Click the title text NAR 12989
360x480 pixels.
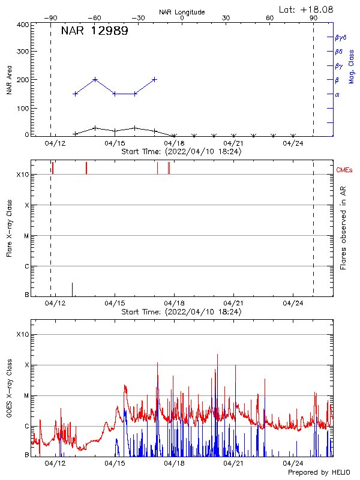(94, 31)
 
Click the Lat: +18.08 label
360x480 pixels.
(307, 9)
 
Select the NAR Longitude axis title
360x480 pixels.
(182, 12)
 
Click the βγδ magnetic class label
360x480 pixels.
(341, 37)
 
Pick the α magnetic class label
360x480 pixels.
(337, 94)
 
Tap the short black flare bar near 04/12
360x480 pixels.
(73, 289)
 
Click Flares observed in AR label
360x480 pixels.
(344, 228)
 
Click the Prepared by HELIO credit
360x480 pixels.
(321, 473)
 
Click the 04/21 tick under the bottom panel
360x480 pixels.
(233, 463)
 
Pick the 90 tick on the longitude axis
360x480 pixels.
(314, 18)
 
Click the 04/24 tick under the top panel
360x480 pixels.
(293, 143)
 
